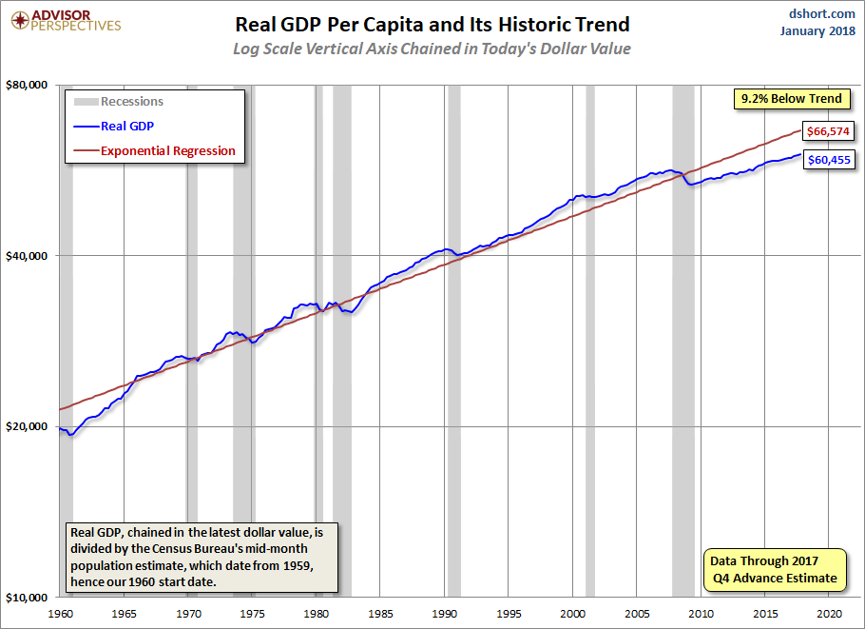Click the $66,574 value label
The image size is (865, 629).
click(826, 130)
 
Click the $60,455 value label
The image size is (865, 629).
click(826, 160)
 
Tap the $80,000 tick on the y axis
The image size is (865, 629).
click(29, 86)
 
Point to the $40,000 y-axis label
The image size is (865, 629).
click(29, 256)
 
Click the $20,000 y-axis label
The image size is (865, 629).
click(29, 426)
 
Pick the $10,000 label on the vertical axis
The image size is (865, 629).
click(29, 597)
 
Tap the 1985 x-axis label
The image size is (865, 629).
click(379, 613)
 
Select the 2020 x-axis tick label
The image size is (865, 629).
click(829, 613)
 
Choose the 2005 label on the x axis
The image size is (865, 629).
click(636, 613)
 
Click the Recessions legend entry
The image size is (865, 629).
click(131, 102)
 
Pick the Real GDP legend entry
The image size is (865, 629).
click(127, 126)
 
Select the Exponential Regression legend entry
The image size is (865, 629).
click(167, 150)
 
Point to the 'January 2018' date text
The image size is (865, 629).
click(818, 31)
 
